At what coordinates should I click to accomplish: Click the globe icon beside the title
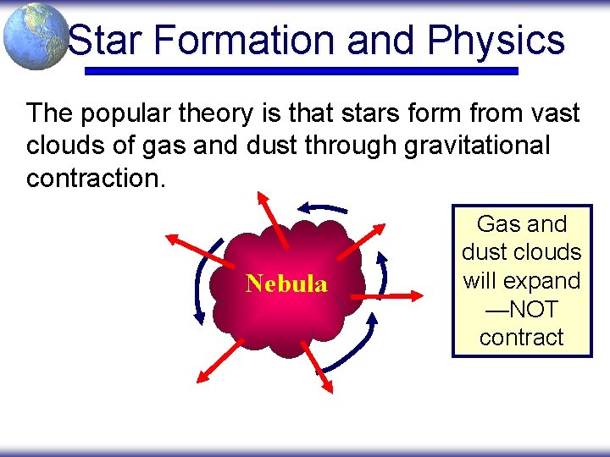36,36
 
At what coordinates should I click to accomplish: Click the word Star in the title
102,40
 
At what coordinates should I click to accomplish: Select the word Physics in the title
496,40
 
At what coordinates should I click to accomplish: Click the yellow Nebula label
286,284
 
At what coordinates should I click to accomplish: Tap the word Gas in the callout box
498,224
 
